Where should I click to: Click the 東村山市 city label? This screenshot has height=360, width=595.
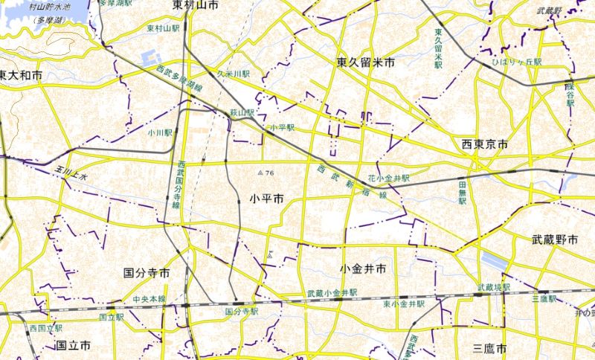195,5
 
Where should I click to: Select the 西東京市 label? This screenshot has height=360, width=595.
484,144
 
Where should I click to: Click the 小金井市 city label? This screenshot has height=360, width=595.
362,268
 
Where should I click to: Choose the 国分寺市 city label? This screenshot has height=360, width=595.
147,273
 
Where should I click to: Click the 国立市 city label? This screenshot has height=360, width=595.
73,346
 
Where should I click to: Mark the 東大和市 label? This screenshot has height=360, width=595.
21,76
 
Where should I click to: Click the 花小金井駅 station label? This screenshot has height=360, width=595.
388,179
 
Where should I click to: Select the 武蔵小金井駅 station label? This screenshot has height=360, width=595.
332,293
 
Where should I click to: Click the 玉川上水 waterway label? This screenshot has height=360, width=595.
71,174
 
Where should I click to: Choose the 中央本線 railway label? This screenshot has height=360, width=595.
149,299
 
